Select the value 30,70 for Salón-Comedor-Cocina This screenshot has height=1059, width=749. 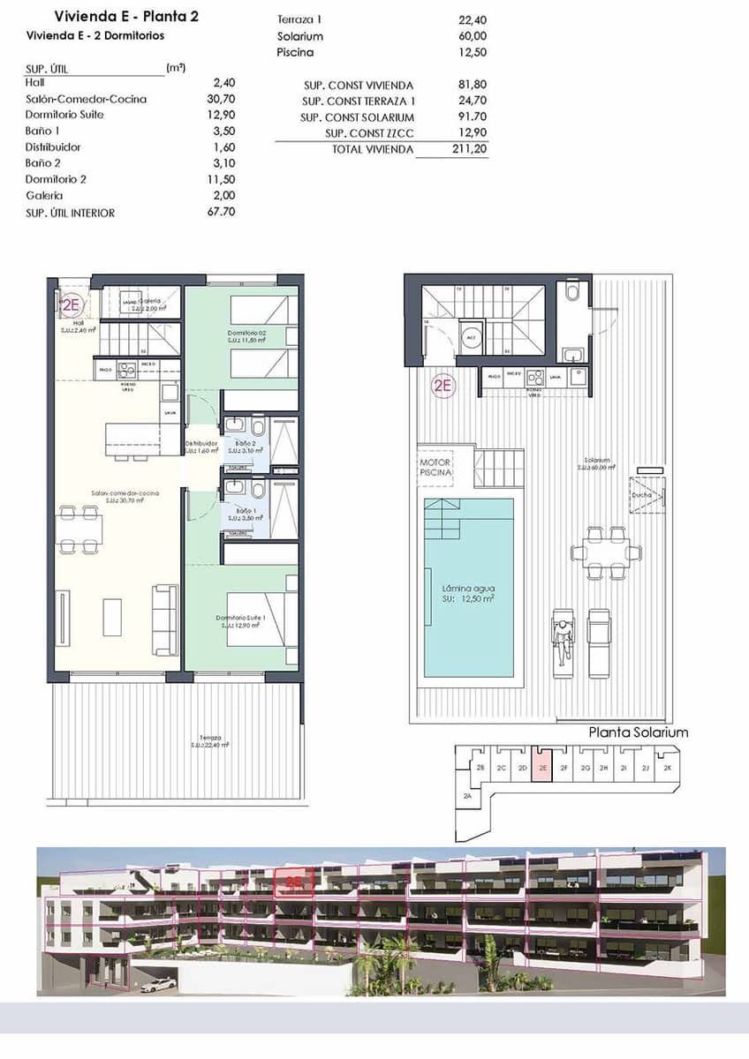220,99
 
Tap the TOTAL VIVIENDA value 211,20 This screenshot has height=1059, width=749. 465,150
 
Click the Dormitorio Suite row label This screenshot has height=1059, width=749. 64,115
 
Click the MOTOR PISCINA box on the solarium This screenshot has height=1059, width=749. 435,468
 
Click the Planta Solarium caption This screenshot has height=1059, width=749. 638,732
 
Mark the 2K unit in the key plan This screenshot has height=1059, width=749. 668,768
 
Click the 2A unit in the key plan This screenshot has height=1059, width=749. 467,796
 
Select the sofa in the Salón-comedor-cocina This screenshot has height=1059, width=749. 164,620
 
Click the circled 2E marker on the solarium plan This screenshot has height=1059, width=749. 443,385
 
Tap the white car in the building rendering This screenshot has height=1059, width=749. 159,985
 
